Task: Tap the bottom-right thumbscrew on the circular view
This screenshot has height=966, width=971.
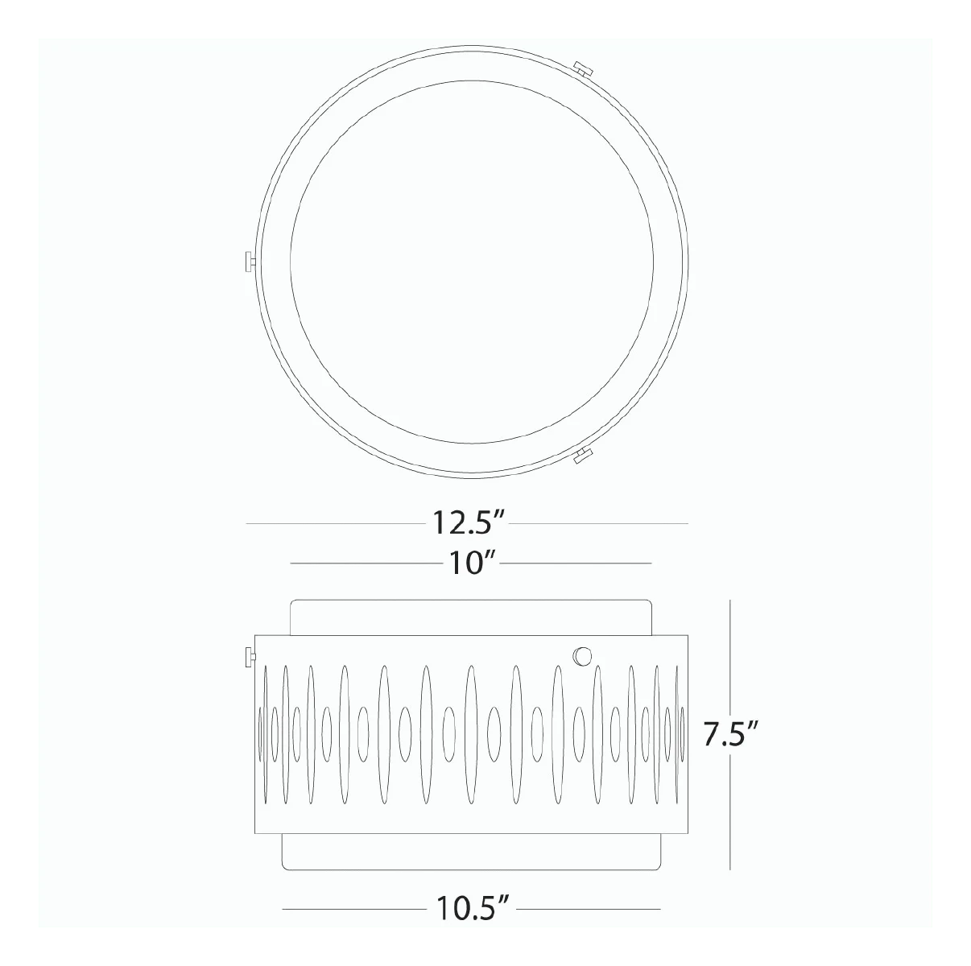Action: (581, 456)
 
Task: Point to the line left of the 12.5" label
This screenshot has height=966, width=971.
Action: (334, 524)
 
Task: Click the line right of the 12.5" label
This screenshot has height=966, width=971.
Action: (600, 524)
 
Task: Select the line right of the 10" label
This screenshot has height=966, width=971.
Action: (576, 563)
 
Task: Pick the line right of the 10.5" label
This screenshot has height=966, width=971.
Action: (588, 909)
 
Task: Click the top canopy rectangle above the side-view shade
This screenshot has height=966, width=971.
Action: (470, 617)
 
